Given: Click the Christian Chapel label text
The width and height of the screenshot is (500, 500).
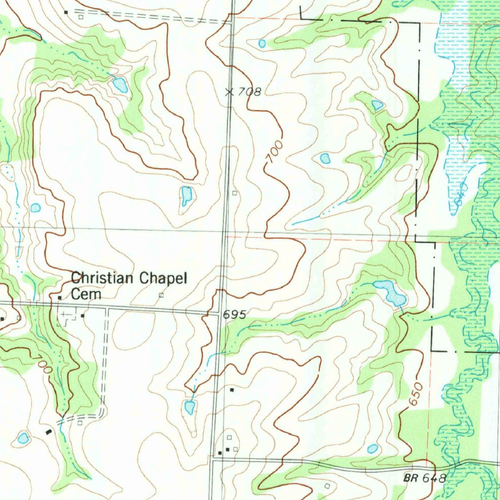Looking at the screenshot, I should (x=129, y=279).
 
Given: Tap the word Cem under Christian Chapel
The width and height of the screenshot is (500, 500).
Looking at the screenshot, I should (x=86, y=294).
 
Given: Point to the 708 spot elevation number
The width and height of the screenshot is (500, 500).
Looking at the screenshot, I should (x=250, y=91).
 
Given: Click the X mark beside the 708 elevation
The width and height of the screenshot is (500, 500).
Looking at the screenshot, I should (x=229, y=91).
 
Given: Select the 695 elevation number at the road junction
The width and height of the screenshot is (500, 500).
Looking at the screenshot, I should (x=235, y=315).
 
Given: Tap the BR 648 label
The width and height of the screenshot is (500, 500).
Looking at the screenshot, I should (x=424, y=478).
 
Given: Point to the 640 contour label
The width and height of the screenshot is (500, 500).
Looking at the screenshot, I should (x=460, y=194).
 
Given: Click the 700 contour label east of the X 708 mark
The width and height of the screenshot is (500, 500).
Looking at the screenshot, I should (x=274, y=152).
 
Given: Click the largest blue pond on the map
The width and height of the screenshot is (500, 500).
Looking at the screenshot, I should (x=390, y=292).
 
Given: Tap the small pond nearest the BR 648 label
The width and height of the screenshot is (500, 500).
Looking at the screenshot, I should (x=372, y=448).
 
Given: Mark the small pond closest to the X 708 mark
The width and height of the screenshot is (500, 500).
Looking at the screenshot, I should (x=262, y=43).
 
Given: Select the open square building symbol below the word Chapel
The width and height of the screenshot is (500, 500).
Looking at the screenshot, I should (x=162, y=295).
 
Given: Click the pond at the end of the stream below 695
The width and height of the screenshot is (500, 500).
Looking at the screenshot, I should (x=189, y=407).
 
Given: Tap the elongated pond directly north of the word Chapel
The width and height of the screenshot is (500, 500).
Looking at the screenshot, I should (x=186, y=195).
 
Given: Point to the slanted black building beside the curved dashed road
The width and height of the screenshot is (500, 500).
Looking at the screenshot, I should (x=48, y=431).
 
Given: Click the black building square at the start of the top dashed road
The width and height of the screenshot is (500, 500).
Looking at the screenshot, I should (x=66, y=11).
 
